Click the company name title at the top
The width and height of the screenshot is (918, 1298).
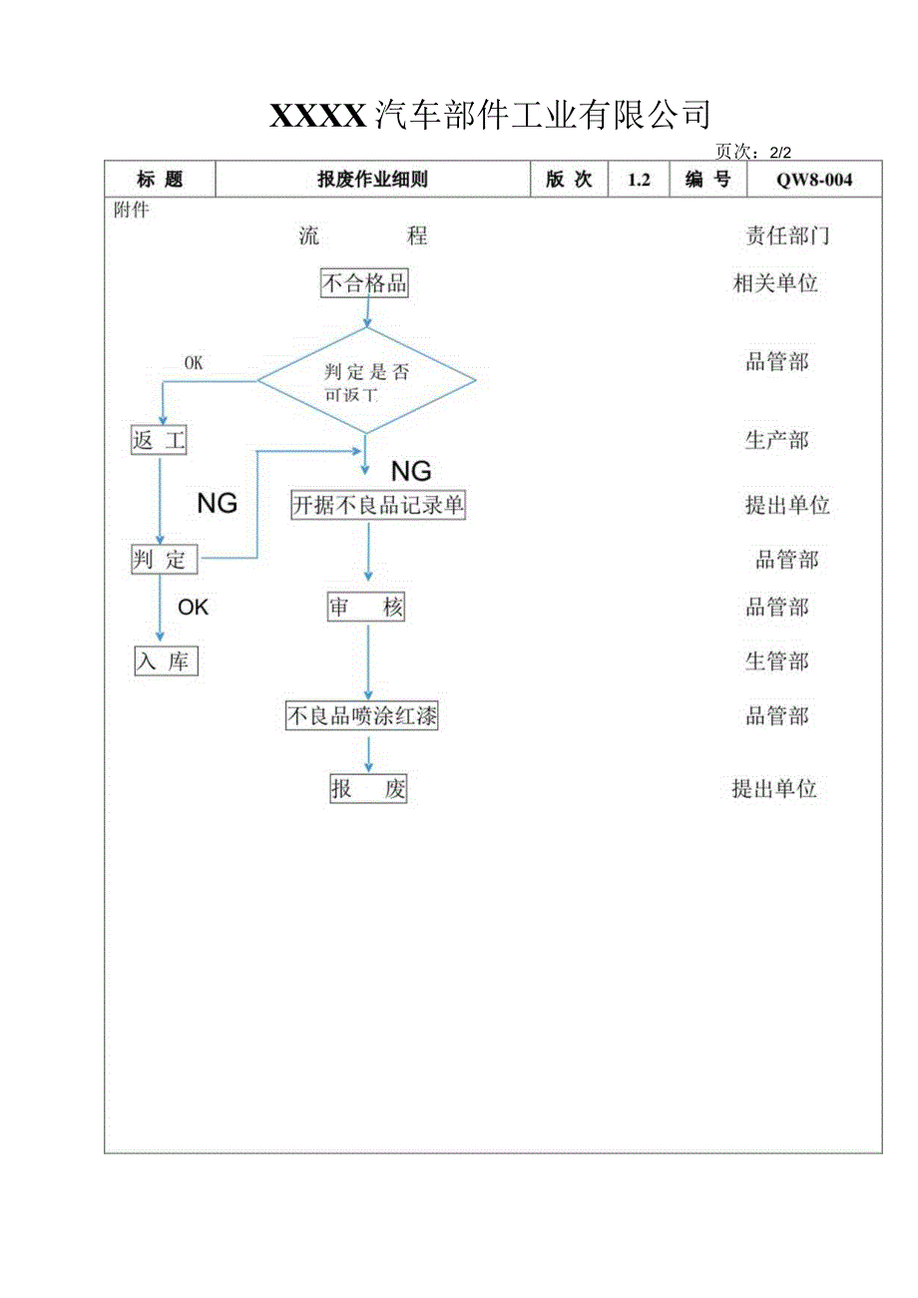tap(490, 116)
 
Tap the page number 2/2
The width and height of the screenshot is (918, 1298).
tap(752, 152)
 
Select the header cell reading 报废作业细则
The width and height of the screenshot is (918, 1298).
tap(372, 180)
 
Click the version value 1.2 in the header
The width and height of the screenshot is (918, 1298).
tap(639, 180)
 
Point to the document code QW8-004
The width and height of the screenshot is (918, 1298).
tap(815, 180)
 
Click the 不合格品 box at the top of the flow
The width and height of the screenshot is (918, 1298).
tap(364, 283)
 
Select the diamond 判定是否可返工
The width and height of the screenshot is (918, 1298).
tap(366, 380)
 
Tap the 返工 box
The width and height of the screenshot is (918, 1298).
tap(160, 440)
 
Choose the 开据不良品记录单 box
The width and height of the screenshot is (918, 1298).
tap(377, 505)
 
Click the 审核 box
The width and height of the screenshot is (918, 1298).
tap(366, 607)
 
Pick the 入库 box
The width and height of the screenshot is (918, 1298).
tap(167, 660)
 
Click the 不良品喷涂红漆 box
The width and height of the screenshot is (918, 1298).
tap(361, 715)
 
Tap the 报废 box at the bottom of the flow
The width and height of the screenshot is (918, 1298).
tap(368, 789)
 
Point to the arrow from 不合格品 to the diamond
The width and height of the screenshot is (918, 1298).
tap(367, 311)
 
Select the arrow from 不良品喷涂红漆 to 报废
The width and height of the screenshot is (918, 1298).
tap(368, 752)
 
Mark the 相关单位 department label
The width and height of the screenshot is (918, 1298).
tap(775, 283)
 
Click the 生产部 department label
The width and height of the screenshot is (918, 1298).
tap(776, 440)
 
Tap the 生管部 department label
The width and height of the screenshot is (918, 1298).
tap(776, 660)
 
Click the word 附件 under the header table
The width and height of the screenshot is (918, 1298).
tap(132, 211)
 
